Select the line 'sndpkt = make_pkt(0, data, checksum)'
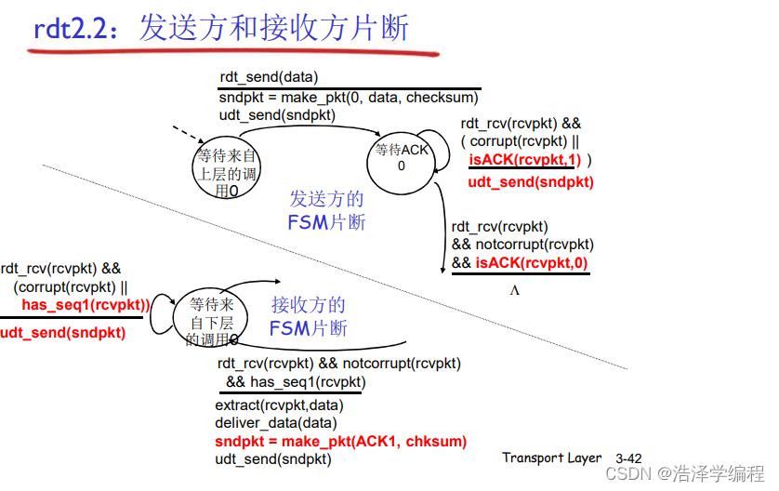click(x=349, y=97)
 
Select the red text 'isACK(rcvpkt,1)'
click(x=524, y=160)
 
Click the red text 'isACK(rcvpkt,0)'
click(x=532, y=263)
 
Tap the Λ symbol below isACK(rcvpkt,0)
click(x=514, y=290)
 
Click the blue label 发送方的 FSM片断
click(x=326, y=210)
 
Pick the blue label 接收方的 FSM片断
click(x=308, y=316)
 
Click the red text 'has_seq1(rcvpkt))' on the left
click(x=85, y=305)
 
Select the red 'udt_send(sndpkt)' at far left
click(x=62, y=332)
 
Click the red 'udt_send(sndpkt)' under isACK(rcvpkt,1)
click(x=530, y=181)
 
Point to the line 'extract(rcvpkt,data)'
click(x=279, y=405)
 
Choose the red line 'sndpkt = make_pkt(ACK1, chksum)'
click(x=340, y=441)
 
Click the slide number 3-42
click(x=628, y=458)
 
